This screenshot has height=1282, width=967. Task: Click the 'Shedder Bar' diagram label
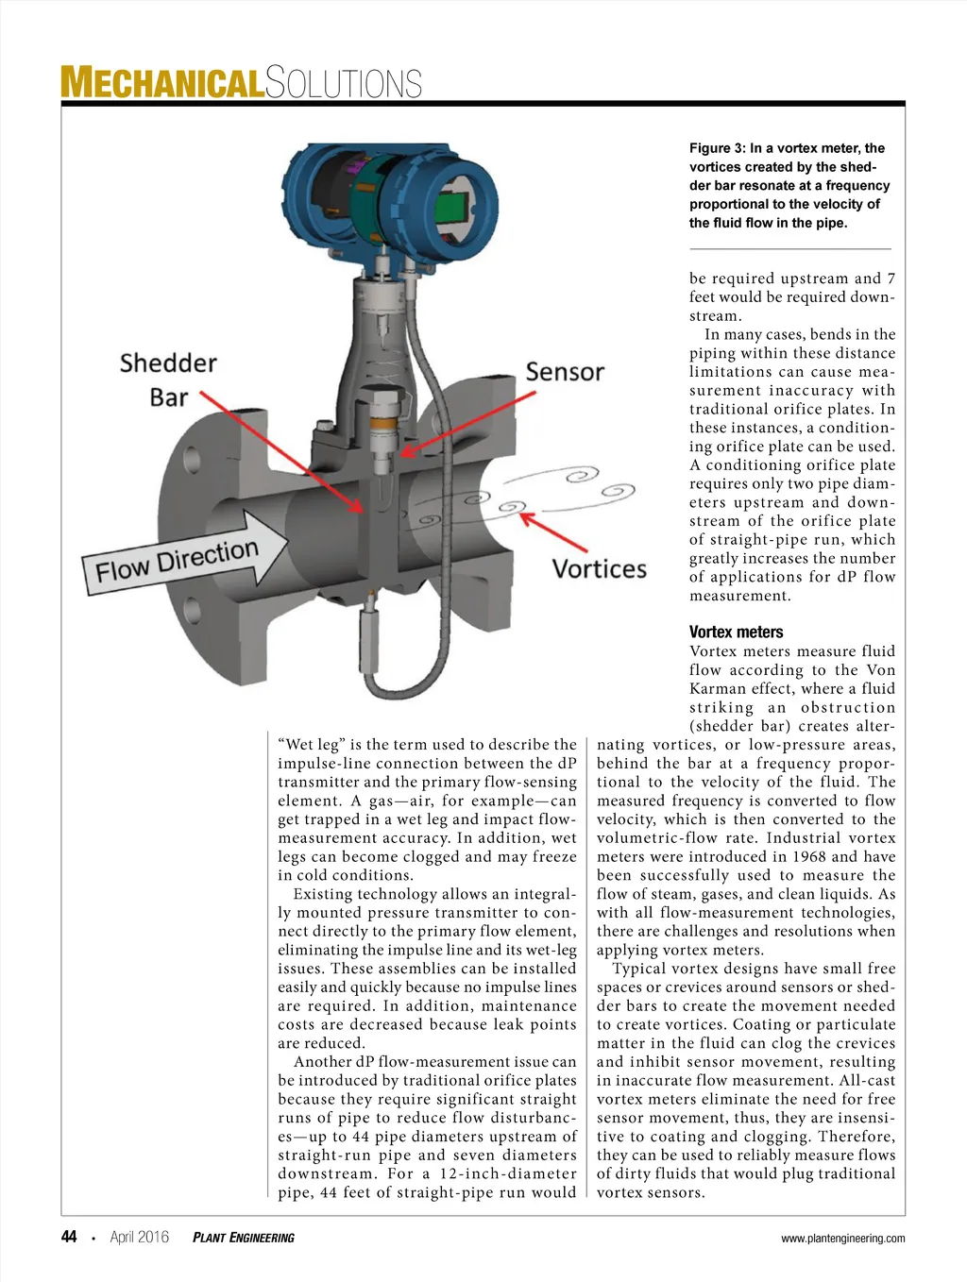pos(168,380)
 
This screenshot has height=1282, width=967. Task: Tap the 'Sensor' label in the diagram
pos(564,372)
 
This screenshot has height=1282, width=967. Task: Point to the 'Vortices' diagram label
pos(599,569)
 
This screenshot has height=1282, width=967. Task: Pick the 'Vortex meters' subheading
pos(736,633)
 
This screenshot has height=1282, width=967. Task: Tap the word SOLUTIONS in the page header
pos(344,83)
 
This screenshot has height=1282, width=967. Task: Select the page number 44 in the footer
pos(69,1237)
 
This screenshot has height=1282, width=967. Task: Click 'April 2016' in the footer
pos(139,1237)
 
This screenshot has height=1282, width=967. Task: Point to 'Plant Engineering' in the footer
pos(243,1238)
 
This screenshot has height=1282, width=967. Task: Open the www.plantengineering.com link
pos(842,1239)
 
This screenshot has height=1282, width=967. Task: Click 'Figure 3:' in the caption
pos(717,148)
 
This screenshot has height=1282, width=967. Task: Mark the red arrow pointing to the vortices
pos(555,533)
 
